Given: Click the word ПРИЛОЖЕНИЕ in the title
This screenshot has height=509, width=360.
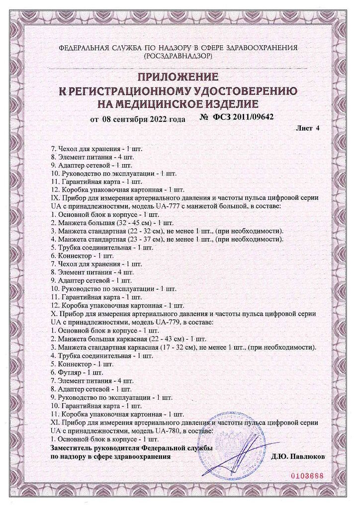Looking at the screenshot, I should click(x=178, y=78).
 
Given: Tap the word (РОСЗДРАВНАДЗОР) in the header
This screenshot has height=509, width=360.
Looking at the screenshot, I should click(x=178, y=57).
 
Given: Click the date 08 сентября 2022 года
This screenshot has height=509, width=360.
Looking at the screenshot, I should click(x=144, y=119).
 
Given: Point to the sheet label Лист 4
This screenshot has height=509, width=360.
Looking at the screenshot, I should click(x=307, y=128).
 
